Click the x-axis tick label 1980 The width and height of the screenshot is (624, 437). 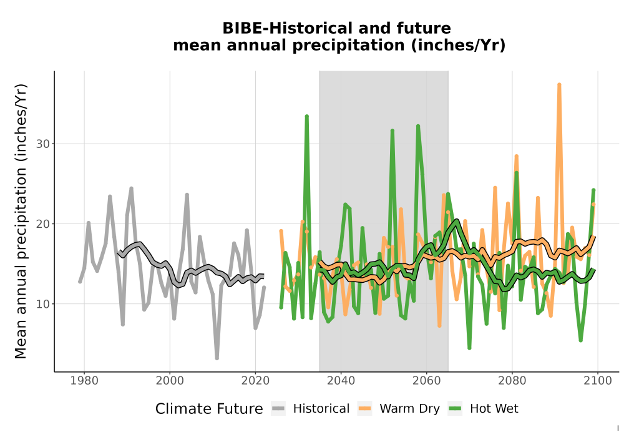84,380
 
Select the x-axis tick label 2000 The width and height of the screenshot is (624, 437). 170,380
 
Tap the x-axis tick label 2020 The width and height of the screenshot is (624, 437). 255,380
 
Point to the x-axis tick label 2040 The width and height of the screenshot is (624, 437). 341,380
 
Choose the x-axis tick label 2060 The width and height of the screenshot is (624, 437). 427,380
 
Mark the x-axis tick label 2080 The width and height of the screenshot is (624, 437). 512,380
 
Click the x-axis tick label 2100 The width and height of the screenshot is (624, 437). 598,380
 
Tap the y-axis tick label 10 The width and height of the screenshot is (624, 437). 43,304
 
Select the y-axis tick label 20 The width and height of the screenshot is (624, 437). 43,224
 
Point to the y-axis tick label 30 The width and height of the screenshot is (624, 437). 43,144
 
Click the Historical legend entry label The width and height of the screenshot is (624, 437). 321,409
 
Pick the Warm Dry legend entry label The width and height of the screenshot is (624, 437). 409,409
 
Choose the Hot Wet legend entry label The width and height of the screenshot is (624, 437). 494,409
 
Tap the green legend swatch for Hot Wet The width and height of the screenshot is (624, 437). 455,409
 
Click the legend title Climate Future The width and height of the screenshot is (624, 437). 209,409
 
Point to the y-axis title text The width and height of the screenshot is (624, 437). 21,221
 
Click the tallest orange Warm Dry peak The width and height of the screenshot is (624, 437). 559,84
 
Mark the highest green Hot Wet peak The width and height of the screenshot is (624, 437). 307,116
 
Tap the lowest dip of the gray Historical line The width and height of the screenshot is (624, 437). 217,358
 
